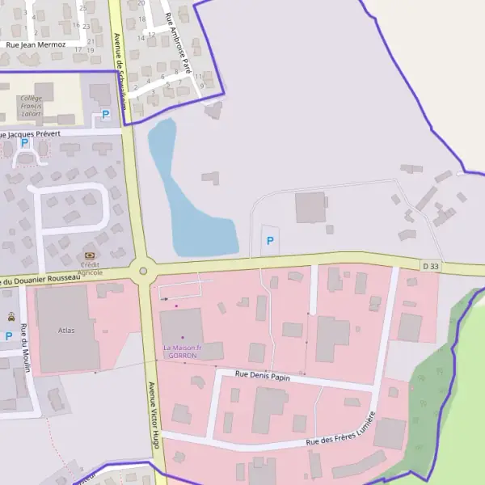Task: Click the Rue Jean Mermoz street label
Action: click(36, 46)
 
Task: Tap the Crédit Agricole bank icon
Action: click(89, 255)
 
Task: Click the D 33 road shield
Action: click(431, 266)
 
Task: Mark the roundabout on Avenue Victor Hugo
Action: click(143, 272)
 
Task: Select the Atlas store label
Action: click(66, 330)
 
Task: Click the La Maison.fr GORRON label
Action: click(182, 352)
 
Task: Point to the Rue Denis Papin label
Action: click(262, 375)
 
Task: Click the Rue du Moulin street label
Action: click(26, 348)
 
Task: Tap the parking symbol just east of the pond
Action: click(270, 241)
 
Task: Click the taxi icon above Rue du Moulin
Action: click(11, 317)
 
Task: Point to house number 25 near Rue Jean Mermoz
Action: click(84, 7)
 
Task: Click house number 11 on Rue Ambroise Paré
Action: click(199, 77)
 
